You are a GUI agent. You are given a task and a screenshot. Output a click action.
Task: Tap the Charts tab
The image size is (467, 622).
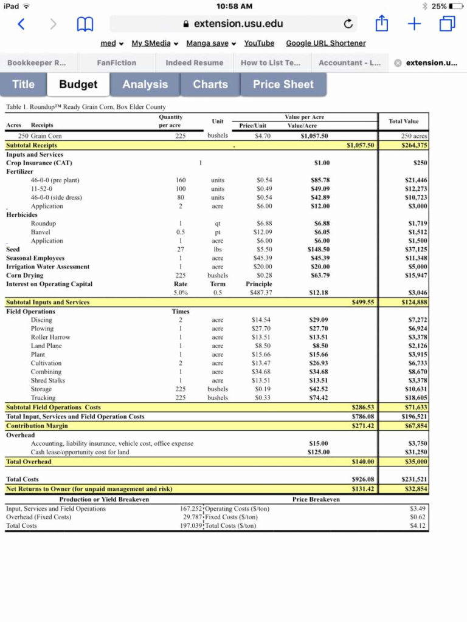click(210, 84)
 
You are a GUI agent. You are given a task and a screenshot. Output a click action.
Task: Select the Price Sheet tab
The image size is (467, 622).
click(283, 84)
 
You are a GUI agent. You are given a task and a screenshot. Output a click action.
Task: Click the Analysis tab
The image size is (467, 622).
click(145, 84)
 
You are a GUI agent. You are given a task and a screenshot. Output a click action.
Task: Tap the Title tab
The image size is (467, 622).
click(24, 84)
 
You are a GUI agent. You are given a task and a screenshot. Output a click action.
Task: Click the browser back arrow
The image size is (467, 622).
click(21, 24)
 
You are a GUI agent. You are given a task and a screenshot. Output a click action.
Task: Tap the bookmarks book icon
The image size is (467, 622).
click(85, 24)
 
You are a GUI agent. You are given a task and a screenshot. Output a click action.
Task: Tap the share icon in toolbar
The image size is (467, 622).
click(381, 24)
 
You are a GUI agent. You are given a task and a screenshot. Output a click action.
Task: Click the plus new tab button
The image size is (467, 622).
click(414, 24)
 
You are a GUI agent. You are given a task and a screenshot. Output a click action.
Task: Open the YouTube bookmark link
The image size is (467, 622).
click(259, 43)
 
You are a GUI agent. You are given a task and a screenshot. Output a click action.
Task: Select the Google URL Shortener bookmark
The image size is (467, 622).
click(326, 43)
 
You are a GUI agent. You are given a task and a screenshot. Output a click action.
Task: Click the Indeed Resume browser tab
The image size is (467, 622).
click(194, 63)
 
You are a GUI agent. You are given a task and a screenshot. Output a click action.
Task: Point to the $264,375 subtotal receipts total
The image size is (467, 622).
click(414, 145)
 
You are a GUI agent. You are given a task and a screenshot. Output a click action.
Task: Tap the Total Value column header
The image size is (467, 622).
click(404, 121)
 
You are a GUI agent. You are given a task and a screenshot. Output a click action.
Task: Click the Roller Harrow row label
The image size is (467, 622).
click(50, 337)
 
